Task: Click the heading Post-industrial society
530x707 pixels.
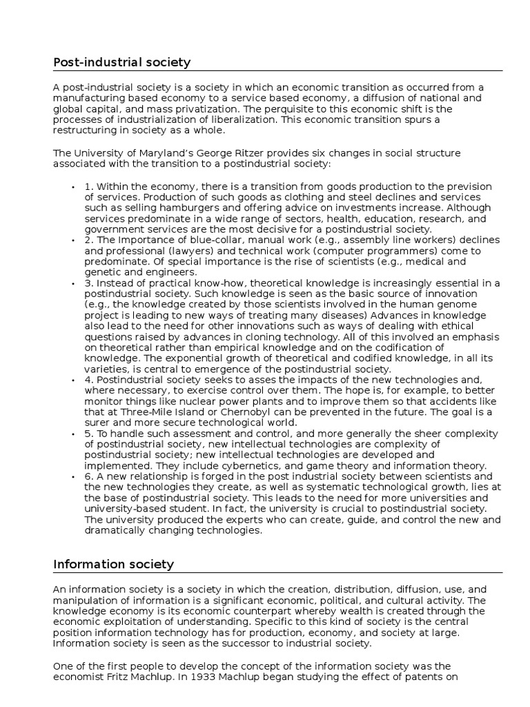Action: (122, 63)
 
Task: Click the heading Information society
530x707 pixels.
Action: (114, 564)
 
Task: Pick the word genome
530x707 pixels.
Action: (469, 304)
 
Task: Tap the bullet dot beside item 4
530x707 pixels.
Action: (73, 380)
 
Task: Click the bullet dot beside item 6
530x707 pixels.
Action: (73, 476)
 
